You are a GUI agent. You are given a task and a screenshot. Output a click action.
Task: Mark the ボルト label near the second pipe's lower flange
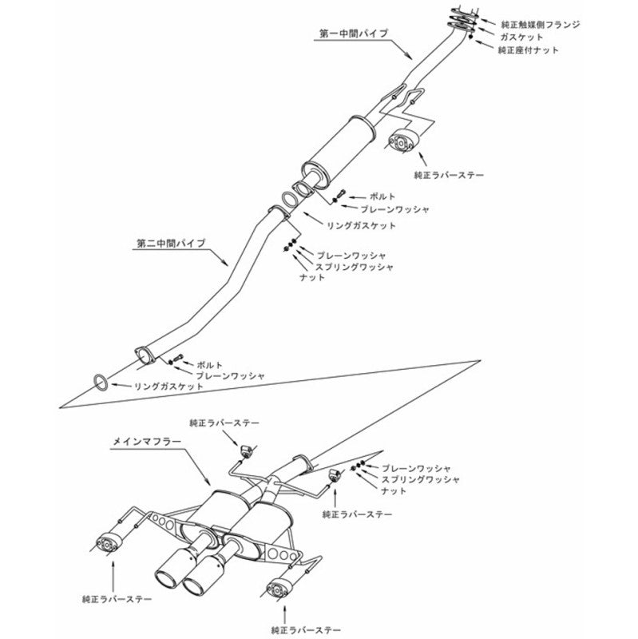click(204, 363)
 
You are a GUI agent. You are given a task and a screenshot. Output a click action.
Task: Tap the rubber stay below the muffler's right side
click(275, 592)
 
